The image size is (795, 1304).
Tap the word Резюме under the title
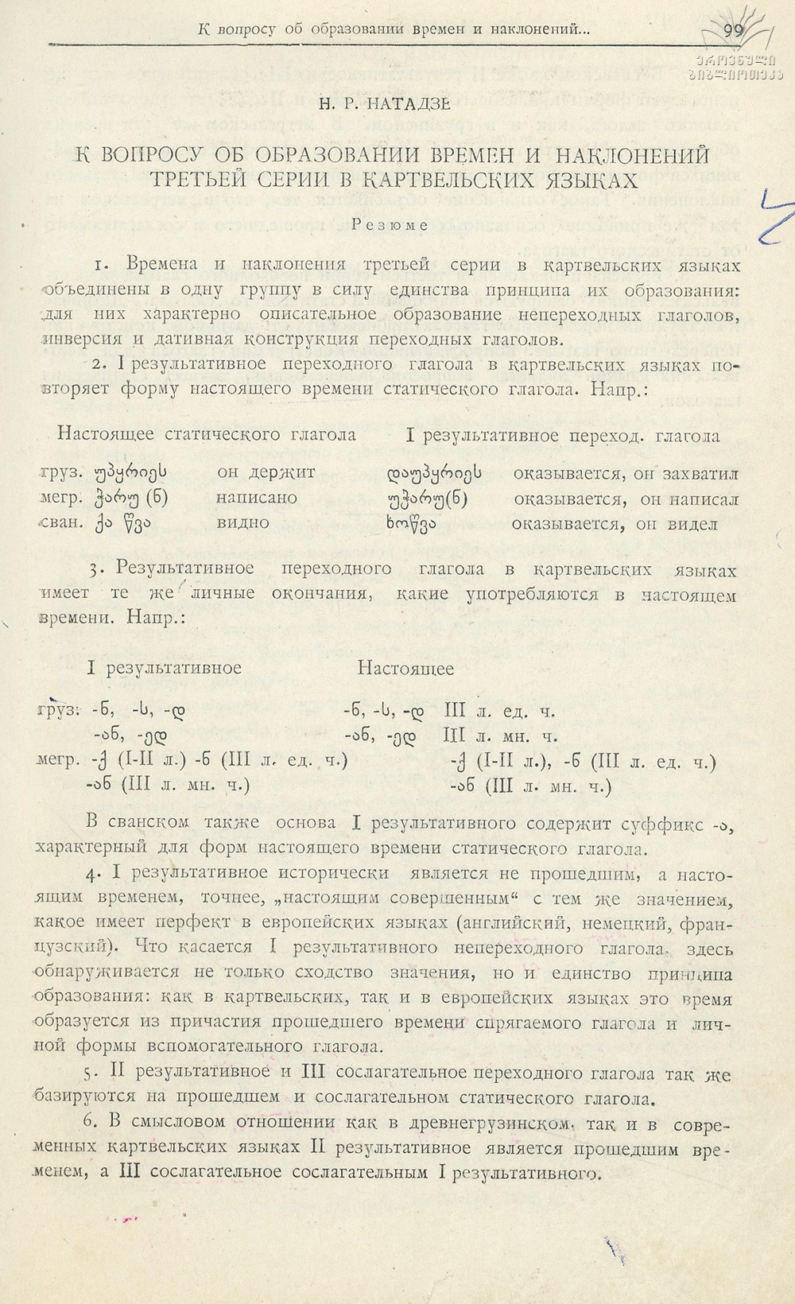coord(395,224)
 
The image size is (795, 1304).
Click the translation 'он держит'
coord(266,472)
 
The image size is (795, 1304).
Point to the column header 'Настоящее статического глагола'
coord(207,435)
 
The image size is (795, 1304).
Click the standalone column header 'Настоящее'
coord(405,668)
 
